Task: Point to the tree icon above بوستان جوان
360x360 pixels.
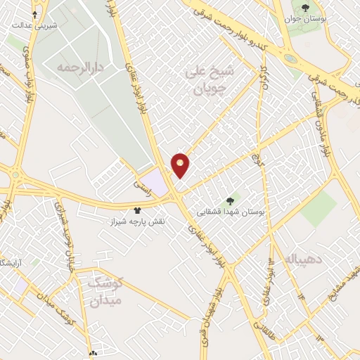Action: pyautogui.click(x=304, y=8)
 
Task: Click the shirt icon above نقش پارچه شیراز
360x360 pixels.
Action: pyautogui.click(x=137, y=210)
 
